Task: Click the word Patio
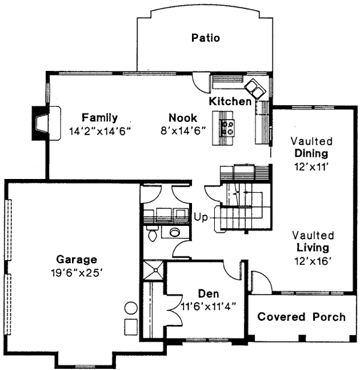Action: [x=205, y=38]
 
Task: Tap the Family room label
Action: [x=100, y=117]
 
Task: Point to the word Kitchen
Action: [x=230, y=102]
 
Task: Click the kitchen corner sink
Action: [x=257, y=89]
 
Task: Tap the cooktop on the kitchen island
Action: [x=228, y=126]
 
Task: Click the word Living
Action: [x=312, y=247]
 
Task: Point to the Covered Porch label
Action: [x=301, y=317]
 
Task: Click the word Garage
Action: [x=77, y=259]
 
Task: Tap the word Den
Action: [x=208, y=294]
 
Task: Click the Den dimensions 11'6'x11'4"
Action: [x=208, y=305]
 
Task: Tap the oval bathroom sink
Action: [x=175, y=232]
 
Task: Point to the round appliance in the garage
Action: [x=131, y=309]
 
